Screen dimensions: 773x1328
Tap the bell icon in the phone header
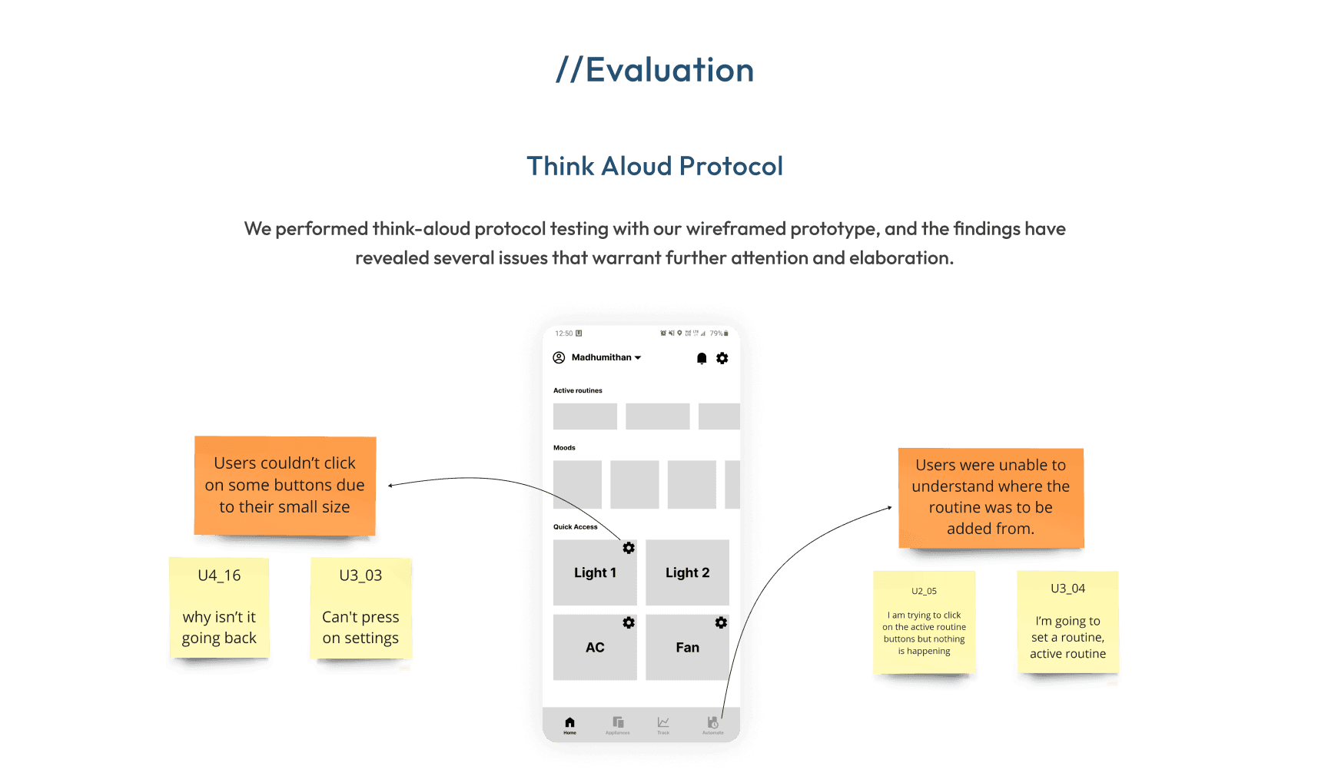(x=702, y=358)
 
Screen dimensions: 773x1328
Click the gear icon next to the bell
(x=722, y=358)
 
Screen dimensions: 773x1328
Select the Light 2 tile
(x=687, y=572)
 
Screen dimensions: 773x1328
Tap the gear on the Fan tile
(x=721, y=622)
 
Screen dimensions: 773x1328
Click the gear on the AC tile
(x=629, y=622)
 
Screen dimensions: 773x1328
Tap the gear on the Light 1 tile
(x=629, y=548)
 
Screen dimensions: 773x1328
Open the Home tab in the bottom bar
(x=569, y=724)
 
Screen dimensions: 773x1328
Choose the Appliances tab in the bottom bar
(x=618, y=724)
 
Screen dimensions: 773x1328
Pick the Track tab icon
(x=663, y=724)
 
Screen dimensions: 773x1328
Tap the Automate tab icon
(x=712, y=724)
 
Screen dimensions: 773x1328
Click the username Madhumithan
(x=602, y=357)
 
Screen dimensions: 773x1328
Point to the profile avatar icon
(x=559, y=357)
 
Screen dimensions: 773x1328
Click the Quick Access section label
(x=575, y=527)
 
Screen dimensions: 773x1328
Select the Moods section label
(x=564, y=447)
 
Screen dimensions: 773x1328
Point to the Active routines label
(x=578, y=390)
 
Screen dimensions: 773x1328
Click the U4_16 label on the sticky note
(x=219, y=576)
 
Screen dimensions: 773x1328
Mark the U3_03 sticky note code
(x=360, y=576)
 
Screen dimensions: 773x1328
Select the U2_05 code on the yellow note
(x=924, y=591)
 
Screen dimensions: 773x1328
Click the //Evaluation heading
(x=655, y=70)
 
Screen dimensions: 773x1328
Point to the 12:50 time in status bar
(x=564, y=333)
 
